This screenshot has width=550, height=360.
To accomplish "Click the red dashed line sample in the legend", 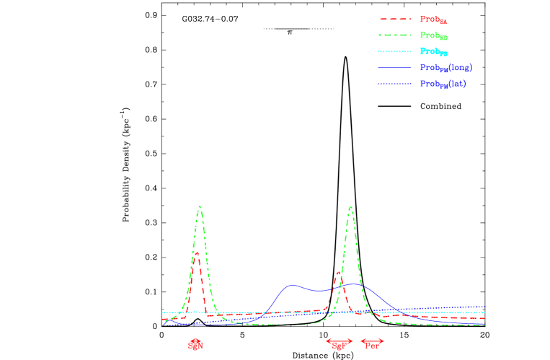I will (395, 19).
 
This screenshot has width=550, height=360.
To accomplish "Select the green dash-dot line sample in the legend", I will (395, 35).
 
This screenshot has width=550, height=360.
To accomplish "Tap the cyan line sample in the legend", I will (395, 51).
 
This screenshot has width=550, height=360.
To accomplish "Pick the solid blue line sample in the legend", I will (395, 68).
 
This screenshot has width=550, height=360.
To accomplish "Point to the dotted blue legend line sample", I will (395, 84).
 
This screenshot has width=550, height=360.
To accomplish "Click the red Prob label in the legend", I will (434, 19).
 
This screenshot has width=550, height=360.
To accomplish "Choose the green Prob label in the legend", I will (434, 35).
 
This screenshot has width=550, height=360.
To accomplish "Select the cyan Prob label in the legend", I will (434, 52).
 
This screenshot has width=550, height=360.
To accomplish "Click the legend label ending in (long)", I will (446, 68).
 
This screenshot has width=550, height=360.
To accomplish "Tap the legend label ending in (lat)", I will (443, 84).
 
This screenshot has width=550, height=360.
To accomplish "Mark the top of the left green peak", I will (200, 207).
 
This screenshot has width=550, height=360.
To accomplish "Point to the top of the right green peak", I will (350, 207).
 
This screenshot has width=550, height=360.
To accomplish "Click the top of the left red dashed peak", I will (196, 253).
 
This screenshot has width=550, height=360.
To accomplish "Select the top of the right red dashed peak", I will (337, 273).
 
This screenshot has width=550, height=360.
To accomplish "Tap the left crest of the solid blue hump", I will (292, 284).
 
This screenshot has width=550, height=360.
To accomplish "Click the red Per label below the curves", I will (372, 346).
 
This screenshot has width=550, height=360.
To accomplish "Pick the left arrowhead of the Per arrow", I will (362, 341).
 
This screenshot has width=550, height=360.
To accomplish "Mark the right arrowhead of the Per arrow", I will (383, 341).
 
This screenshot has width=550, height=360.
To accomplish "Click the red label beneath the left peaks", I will (195, 345).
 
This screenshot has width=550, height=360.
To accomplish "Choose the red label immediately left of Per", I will (340, 346).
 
